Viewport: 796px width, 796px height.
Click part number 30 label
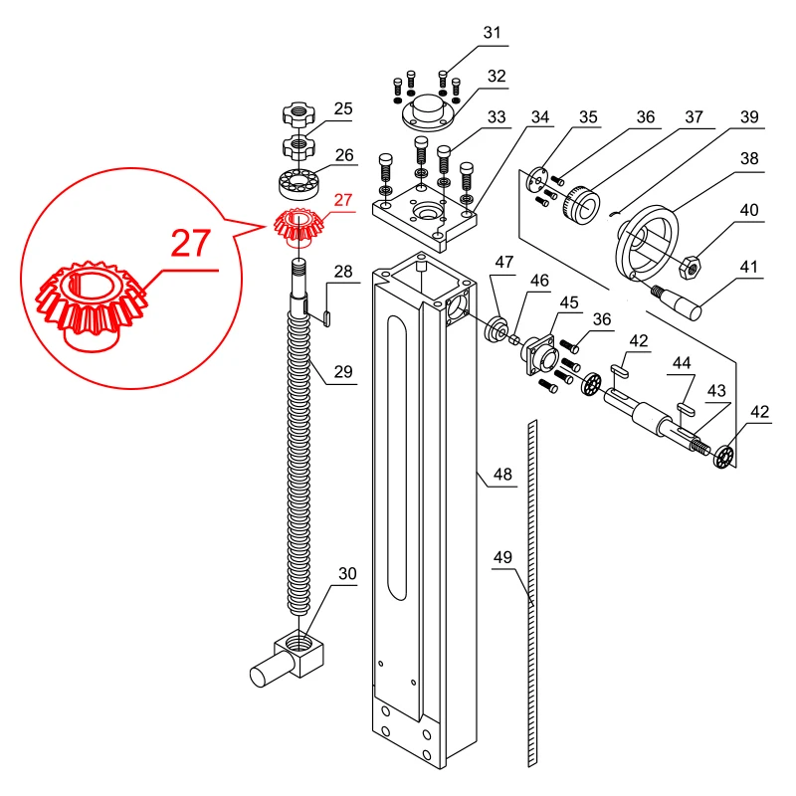click(x=346, y=574)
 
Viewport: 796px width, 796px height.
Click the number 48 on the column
click(x=502, y=476)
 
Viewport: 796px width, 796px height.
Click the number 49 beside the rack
click(x=502, y=558)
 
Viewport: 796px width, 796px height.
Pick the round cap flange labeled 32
click(x=429, y=110)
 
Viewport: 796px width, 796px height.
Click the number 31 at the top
click(x=492, y=33)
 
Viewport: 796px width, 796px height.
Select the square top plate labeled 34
click(x=419, y=220)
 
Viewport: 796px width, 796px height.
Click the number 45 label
click(x=569, y=301)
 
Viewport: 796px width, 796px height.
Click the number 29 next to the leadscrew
click(x=342, y=372)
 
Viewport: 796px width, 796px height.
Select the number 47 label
click(x=503, y=262)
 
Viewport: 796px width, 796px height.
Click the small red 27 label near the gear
click(x=342, y=200)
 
